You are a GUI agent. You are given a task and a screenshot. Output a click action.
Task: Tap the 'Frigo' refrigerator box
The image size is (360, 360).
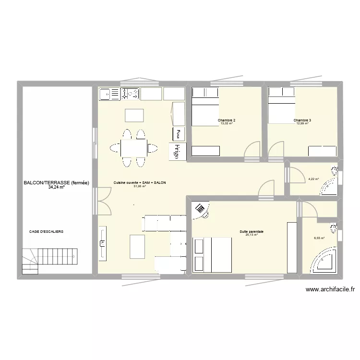pyautogui.click(x=177, y=150)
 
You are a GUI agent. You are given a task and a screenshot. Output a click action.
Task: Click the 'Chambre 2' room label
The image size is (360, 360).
pyautogui.click(x=226, y=120)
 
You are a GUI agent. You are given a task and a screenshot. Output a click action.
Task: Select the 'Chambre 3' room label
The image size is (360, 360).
pyautogui.click(x=302, y=120)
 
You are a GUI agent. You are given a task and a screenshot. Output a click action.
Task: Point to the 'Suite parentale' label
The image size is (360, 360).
pyautogui.click(x=252, y=232)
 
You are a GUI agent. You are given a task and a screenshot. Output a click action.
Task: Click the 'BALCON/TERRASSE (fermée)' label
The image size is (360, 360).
pyautogui.click(x=56, y=183)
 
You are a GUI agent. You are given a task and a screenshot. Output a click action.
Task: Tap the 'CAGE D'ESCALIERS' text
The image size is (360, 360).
pyautogui.click(x=46, y=231)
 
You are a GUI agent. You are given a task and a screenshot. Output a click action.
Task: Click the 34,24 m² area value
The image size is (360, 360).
pyautogui.click(x=56, y=188)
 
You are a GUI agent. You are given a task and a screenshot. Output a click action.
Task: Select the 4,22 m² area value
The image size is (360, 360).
pyautogui.click(x=313, y=180)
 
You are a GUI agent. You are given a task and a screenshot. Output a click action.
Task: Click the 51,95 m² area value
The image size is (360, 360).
pyautogui.click(x=140, y=186)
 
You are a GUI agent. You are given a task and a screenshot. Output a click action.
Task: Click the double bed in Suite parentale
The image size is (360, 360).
pyautogui.click(x=212, y=255)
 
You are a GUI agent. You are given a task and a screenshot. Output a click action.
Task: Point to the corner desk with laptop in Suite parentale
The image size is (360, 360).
pyautogui.click(x=200, y=209)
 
